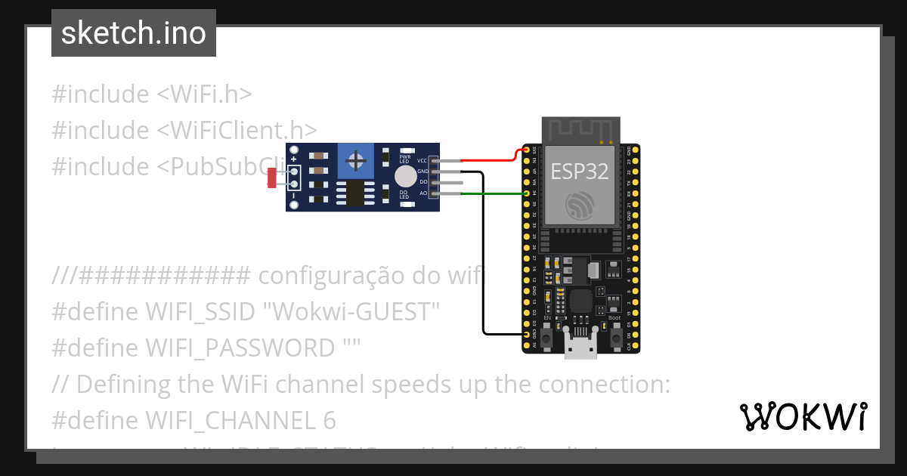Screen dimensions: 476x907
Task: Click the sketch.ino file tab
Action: [x=133, y=33]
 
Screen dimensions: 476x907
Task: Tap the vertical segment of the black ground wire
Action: [x=483, y=257]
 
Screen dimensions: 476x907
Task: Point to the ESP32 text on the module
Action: [x=580, y=172]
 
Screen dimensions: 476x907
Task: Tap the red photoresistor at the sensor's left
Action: [x=272, y=178]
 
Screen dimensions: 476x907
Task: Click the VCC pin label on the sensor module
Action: [x=422, y=161]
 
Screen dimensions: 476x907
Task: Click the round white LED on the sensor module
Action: [x=405, y=177]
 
